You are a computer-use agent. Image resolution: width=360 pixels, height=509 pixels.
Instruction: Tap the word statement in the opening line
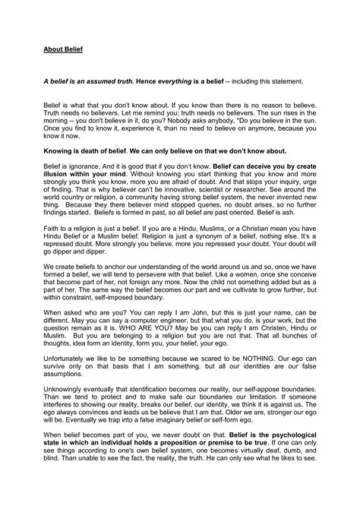coord(283,80)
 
